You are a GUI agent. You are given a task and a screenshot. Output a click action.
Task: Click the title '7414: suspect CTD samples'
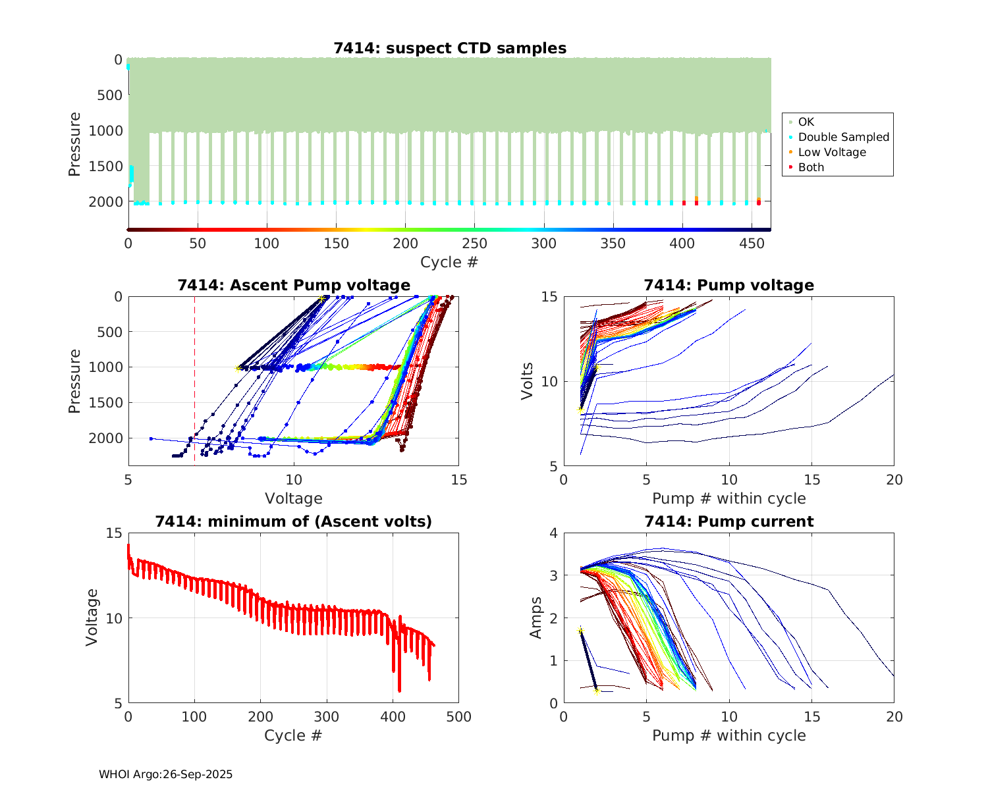(x=450, y=48)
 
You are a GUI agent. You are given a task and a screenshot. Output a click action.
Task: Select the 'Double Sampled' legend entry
(x=843, y=137)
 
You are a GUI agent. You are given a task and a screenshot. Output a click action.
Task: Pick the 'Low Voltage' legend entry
(x=832, y=152)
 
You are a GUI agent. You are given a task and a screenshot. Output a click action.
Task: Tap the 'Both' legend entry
(x=811, y=167)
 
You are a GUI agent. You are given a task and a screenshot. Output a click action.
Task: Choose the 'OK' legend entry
(x=806, y=122)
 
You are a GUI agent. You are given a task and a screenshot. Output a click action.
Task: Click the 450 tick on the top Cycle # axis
(x=751, y=244)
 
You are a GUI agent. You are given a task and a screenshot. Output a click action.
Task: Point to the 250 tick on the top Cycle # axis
(x=474, y=244)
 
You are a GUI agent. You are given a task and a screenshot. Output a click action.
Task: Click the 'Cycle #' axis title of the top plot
(x=449, y=262)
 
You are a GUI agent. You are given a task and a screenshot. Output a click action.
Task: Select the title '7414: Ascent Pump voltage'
(x=294, y=285)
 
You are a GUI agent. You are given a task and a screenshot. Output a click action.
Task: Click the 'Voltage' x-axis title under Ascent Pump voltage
(x=294, y=498)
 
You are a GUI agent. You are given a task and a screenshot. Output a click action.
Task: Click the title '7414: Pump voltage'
(x=728, y=285)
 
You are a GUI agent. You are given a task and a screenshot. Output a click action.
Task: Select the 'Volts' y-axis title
(x=527, y=382)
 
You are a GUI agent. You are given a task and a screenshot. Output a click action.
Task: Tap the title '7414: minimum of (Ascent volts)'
(x=294, y=521)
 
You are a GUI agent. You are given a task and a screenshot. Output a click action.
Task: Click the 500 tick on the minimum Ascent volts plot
(x=458, y=717)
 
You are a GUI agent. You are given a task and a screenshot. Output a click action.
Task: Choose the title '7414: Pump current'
(x=728, y=521)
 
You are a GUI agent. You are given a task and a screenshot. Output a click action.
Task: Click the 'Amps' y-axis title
(x=536, y=618)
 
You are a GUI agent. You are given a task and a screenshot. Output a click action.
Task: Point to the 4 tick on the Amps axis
(x=553, y=533)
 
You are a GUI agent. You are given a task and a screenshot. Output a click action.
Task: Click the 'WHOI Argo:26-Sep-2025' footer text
(x=166, y=774)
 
